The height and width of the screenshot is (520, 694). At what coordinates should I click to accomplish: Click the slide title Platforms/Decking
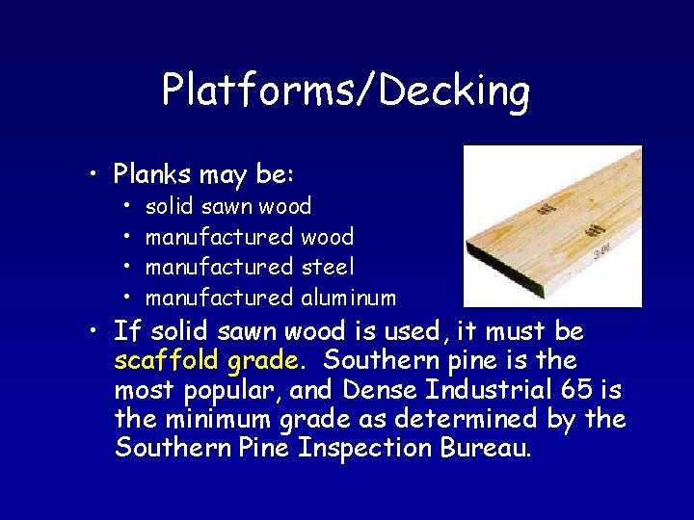[346, 91]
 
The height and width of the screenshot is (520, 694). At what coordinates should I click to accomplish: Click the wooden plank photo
[552, 225]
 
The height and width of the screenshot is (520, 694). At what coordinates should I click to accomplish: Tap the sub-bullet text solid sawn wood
[228, 206]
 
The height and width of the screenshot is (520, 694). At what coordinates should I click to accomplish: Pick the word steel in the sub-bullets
[328, 267]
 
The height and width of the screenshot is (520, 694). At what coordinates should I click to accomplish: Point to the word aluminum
[348, 298]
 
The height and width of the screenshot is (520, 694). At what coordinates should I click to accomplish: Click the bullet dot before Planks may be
[89, 175]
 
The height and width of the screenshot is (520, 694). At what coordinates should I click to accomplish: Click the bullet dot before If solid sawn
[89, 332]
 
